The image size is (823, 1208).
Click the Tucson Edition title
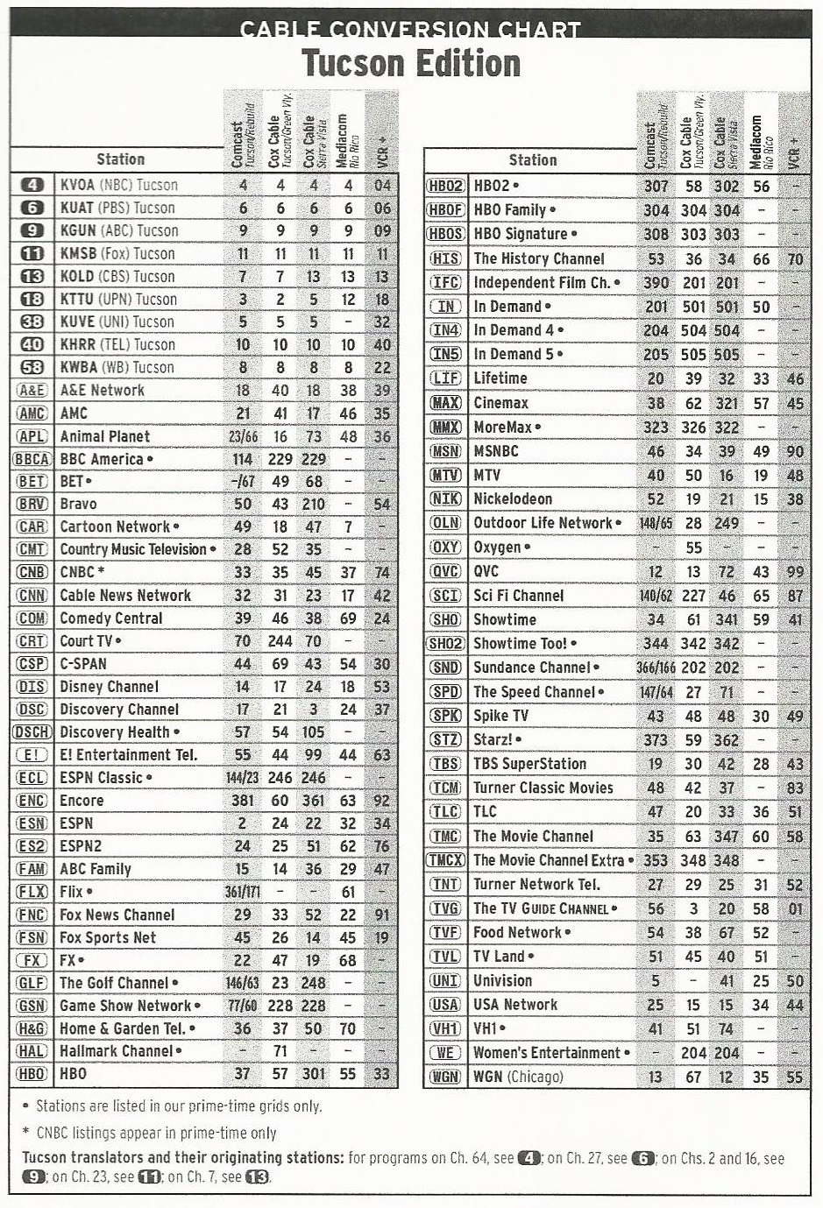coord(411,64)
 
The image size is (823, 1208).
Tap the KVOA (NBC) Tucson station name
coord(118,185)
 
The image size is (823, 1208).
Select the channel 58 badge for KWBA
coord(32,367)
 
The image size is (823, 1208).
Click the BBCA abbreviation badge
coord(32,459)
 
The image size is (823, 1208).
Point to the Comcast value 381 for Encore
coord(243,801)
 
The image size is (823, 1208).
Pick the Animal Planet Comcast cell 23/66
coord(243,436)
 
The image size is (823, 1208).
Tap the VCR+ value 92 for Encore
coord(381,801)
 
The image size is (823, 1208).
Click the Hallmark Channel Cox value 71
coord(280,1051)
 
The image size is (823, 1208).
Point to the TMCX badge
coord(445,860)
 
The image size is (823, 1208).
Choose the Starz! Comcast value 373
coord(656,739)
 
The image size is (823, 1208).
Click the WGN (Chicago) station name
coord(518,1077)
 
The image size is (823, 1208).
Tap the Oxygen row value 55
coord(693,547)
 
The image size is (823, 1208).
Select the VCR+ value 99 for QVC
coord(795,571)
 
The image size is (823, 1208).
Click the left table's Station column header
coord(120,159)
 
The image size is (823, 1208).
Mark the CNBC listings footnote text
coord(156,1133)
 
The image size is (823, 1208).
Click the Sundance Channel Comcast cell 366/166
coord(656,668)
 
